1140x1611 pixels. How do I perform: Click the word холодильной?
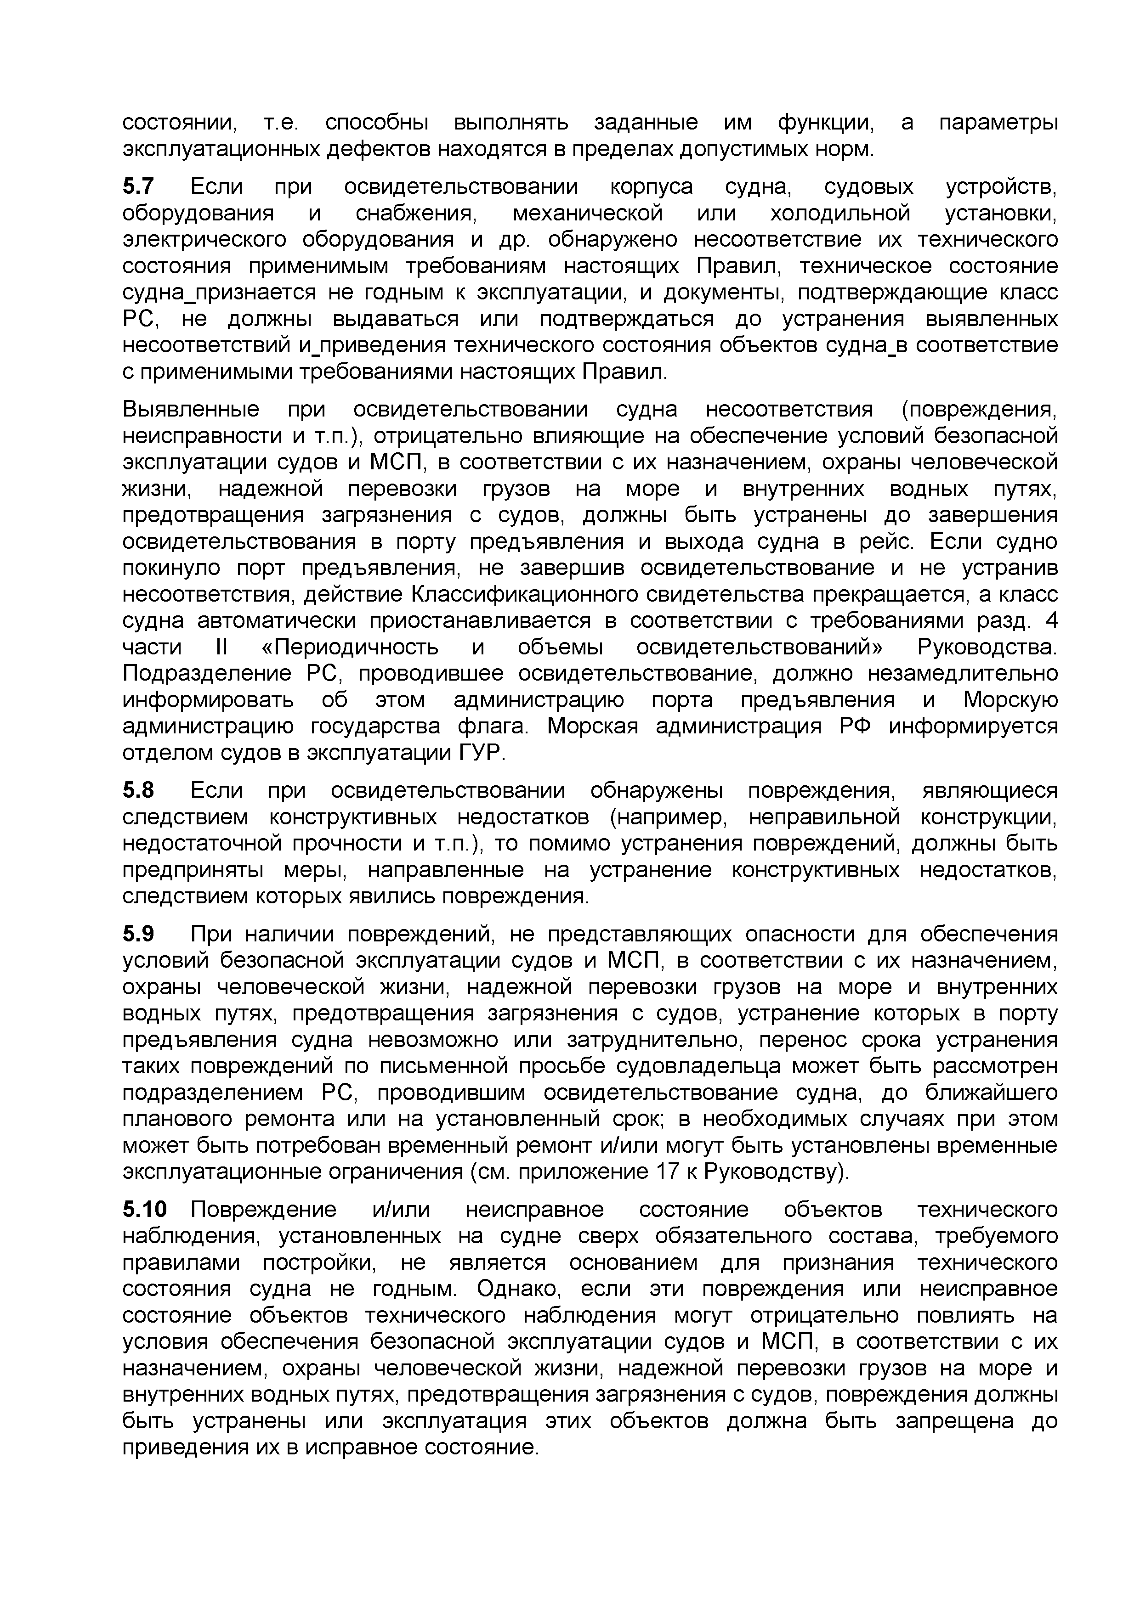point(840,213)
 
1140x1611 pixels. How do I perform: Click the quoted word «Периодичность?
point(350,648)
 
